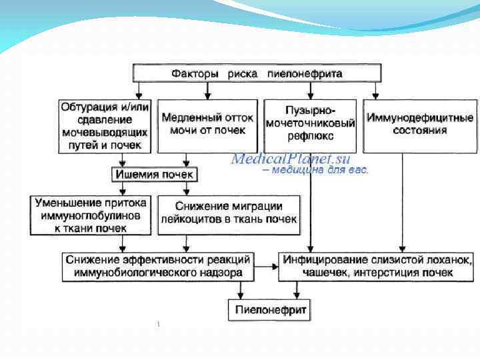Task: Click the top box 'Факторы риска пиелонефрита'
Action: coord(257,73)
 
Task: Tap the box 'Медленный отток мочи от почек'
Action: coord(207,124)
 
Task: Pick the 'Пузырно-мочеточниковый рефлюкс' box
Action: coord(310,124)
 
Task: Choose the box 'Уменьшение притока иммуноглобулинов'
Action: coord(91,215)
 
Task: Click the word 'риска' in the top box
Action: coord(240,73)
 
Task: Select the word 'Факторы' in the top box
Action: coord(193,73)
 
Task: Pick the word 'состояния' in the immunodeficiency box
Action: coord(420,131)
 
